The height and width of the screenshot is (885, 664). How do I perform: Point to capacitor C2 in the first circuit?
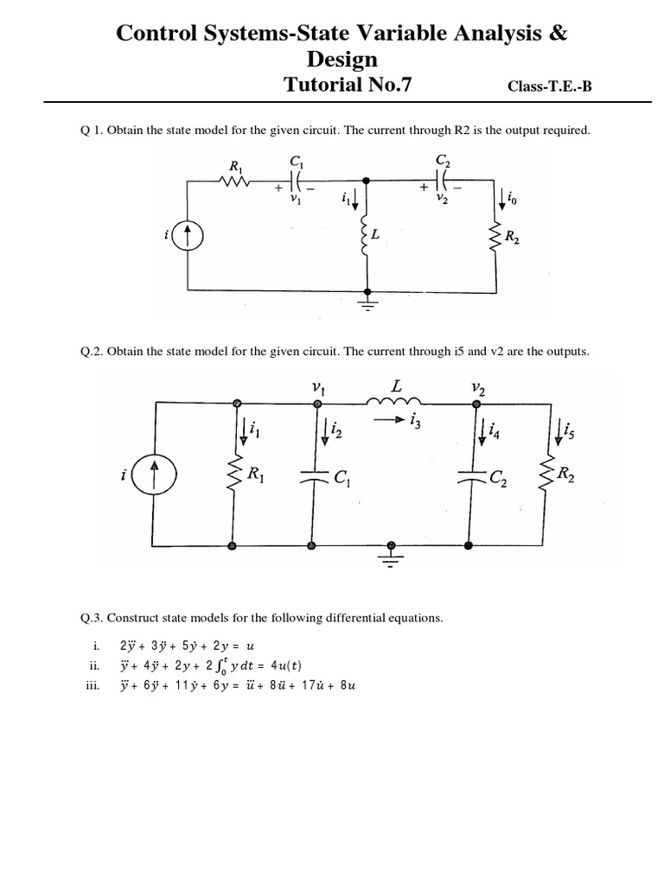pyautogui.click(x=442, y=181)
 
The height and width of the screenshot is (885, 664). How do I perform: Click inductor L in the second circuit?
pyautogui.click(x=394, y=404)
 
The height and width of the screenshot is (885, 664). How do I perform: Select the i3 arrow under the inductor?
pyautogui.click(x=388, y=421)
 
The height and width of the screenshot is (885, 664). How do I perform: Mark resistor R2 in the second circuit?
pyautogui.click(x=547, y=474)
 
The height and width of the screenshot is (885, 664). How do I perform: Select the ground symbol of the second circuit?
pyautogui.click(x=393, y=555)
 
